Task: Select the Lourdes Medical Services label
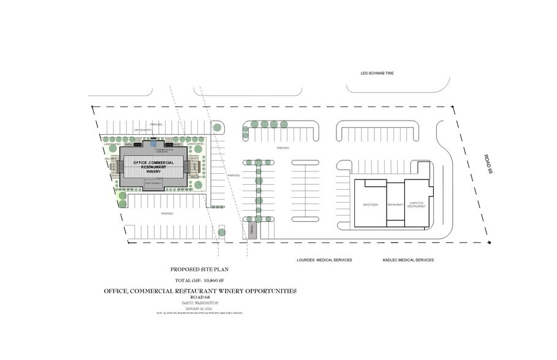tap(324, 260)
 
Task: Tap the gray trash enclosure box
tap(251, 230)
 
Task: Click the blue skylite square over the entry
tap(154, 144)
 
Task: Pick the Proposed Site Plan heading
tap(199, 269)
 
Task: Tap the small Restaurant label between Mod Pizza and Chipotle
tap(395, 204)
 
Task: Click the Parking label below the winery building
tap(167, 214)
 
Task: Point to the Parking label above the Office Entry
tap(156, 124)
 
